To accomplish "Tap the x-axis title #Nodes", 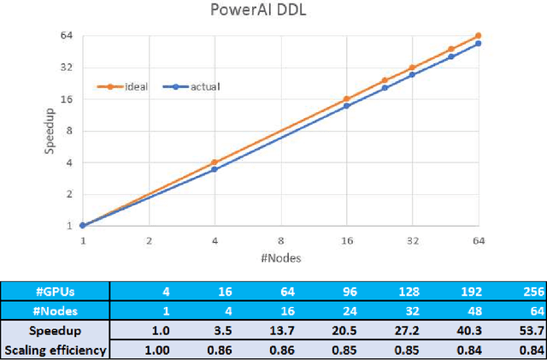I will [x=280, y=257].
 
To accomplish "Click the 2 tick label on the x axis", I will [x=149, y=242].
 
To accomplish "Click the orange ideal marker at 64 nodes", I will [x=478, y=36].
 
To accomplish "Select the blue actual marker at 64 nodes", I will [x=478, y=44].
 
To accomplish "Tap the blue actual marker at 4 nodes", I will [x=215, y=169].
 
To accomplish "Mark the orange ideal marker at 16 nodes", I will [x=346, y=99].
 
